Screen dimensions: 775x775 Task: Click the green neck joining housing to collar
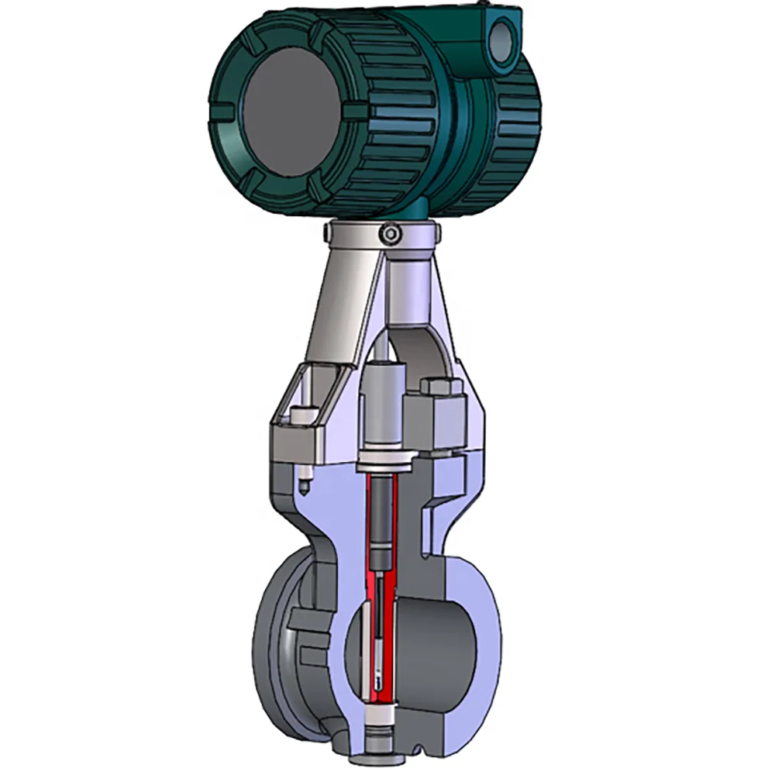418,208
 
